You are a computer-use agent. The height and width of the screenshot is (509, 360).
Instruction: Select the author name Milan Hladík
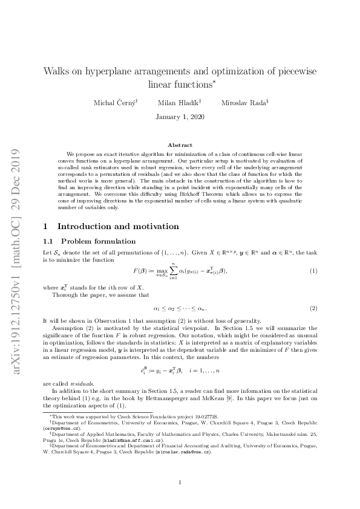click(x=179, y=103)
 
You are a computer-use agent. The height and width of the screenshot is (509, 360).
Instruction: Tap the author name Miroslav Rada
click(x=244, y=103)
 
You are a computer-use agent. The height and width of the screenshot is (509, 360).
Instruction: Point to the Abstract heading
click(x=180, y=145)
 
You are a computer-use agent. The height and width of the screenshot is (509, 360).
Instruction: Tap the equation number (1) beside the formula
click(x=313, y=254)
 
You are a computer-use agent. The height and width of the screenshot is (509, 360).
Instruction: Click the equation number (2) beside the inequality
click(x=313, y=308)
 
